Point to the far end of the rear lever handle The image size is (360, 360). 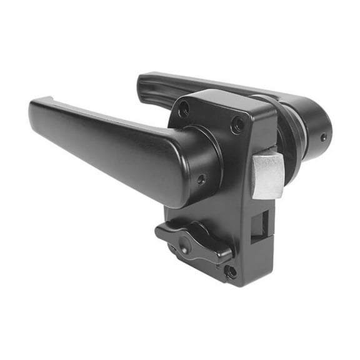tap(145, 82)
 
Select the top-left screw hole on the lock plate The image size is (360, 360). tap(184, 111)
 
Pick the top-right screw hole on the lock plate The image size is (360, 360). tap(237, 124)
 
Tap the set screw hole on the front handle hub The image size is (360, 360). tap(201, 179)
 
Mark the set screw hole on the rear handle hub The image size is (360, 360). tap(323, 137)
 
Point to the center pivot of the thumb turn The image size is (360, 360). tap(185, 241)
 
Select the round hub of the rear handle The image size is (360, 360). tap(315, 128)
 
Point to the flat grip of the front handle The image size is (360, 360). tap(100, 144)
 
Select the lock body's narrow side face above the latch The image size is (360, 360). tap(262, 134)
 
